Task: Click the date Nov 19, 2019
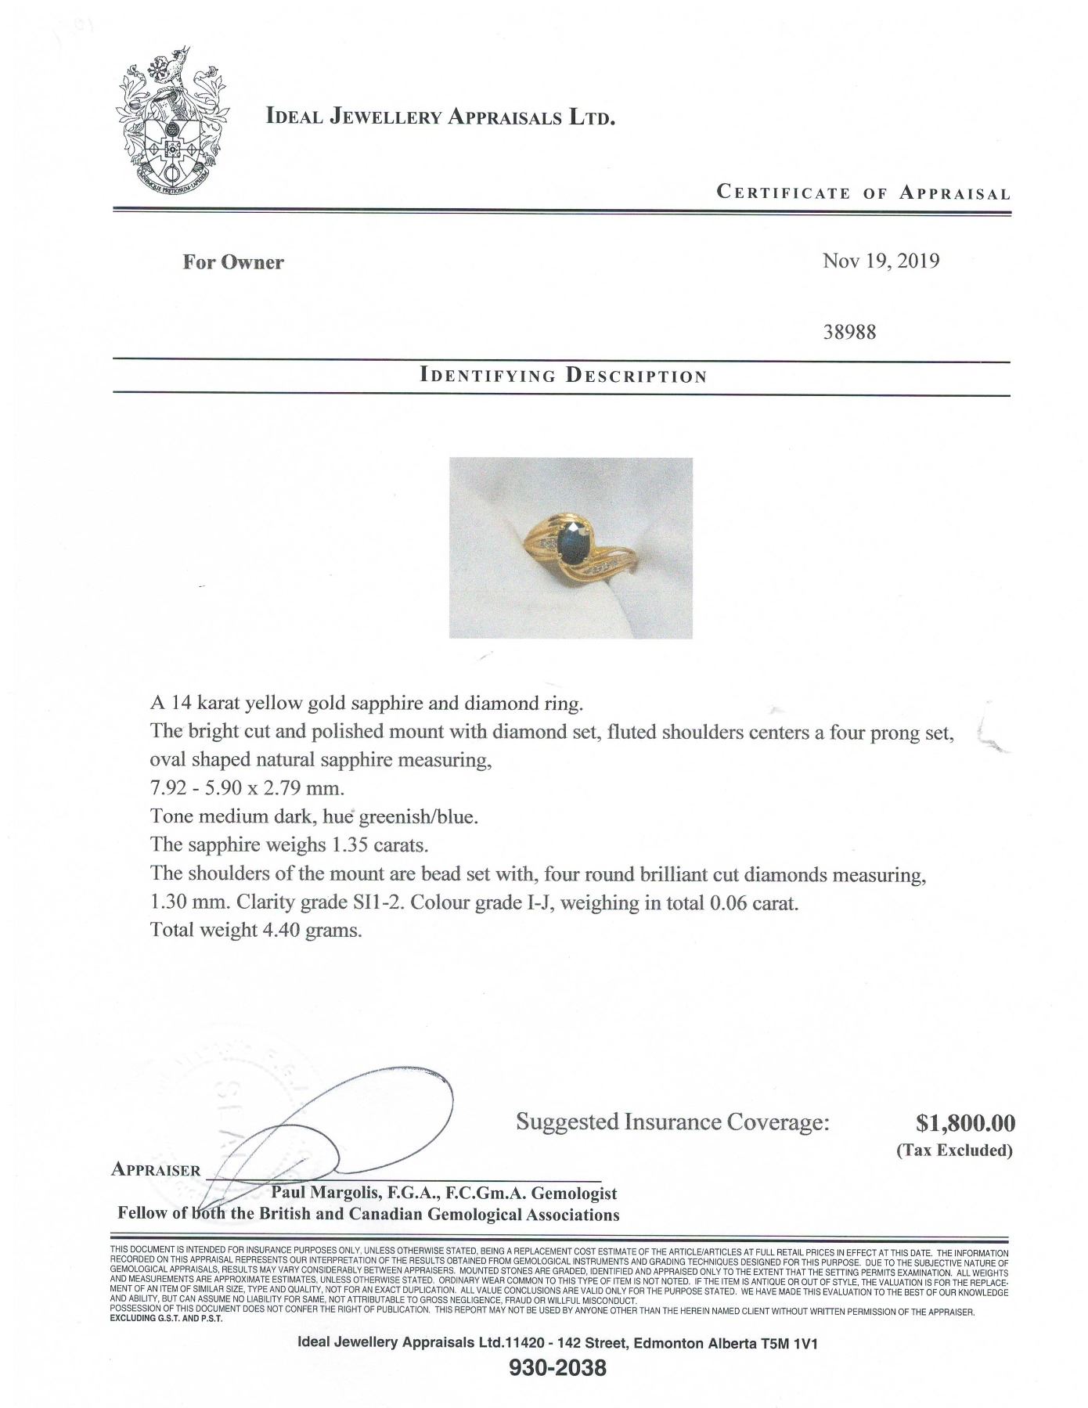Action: click(880, 261)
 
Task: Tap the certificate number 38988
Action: click(849, 332)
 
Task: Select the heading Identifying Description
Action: click(563, 376)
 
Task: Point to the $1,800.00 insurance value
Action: click(964, 1123)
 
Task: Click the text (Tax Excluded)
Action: click(954, 1150)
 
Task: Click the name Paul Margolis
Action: click(323, 1194)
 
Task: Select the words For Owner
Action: click(233, 262)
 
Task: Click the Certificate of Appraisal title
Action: click(863, 193)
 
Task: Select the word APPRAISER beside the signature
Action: click(157, 1170)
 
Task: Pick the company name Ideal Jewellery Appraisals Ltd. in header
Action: click(440, 118)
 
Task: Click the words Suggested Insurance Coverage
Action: click(672, 1122)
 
